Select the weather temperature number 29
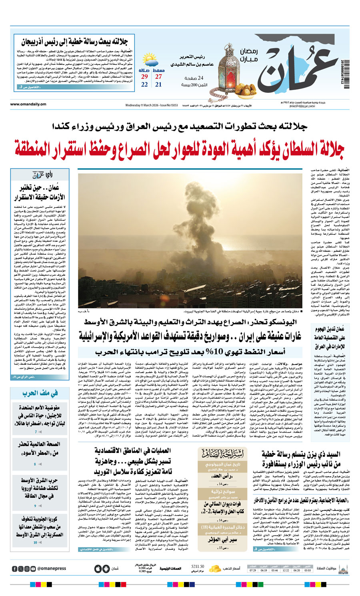[x=144, y=77]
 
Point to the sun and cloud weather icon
[x=151, y=62]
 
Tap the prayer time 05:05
[x=307, y=570]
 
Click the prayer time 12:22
[x=285, y=570]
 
